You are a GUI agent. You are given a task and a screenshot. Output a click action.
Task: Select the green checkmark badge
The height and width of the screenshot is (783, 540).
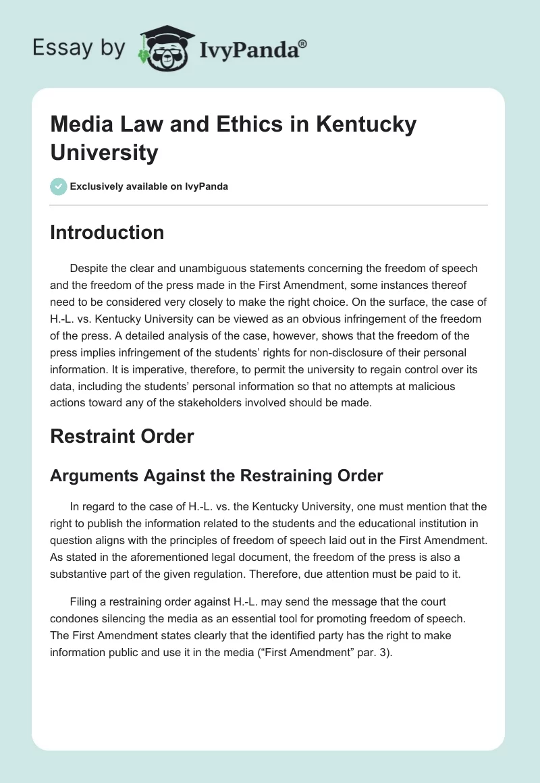pyautogui.click(x=59, y=186)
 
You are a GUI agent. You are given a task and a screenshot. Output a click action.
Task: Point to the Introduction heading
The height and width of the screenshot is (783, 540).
pyautogui.click(x=107, y=232)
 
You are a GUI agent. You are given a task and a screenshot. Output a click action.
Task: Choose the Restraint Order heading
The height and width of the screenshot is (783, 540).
pyautogui.click(x=122, y=436)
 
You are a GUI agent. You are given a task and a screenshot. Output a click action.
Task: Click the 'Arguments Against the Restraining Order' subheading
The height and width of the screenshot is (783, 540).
pyautogui.click(x=217, y=475)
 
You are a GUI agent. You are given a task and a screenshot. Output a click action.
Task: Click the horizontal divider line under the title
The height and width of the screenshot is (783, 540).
pyautogui.click(x=269, y=205)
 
